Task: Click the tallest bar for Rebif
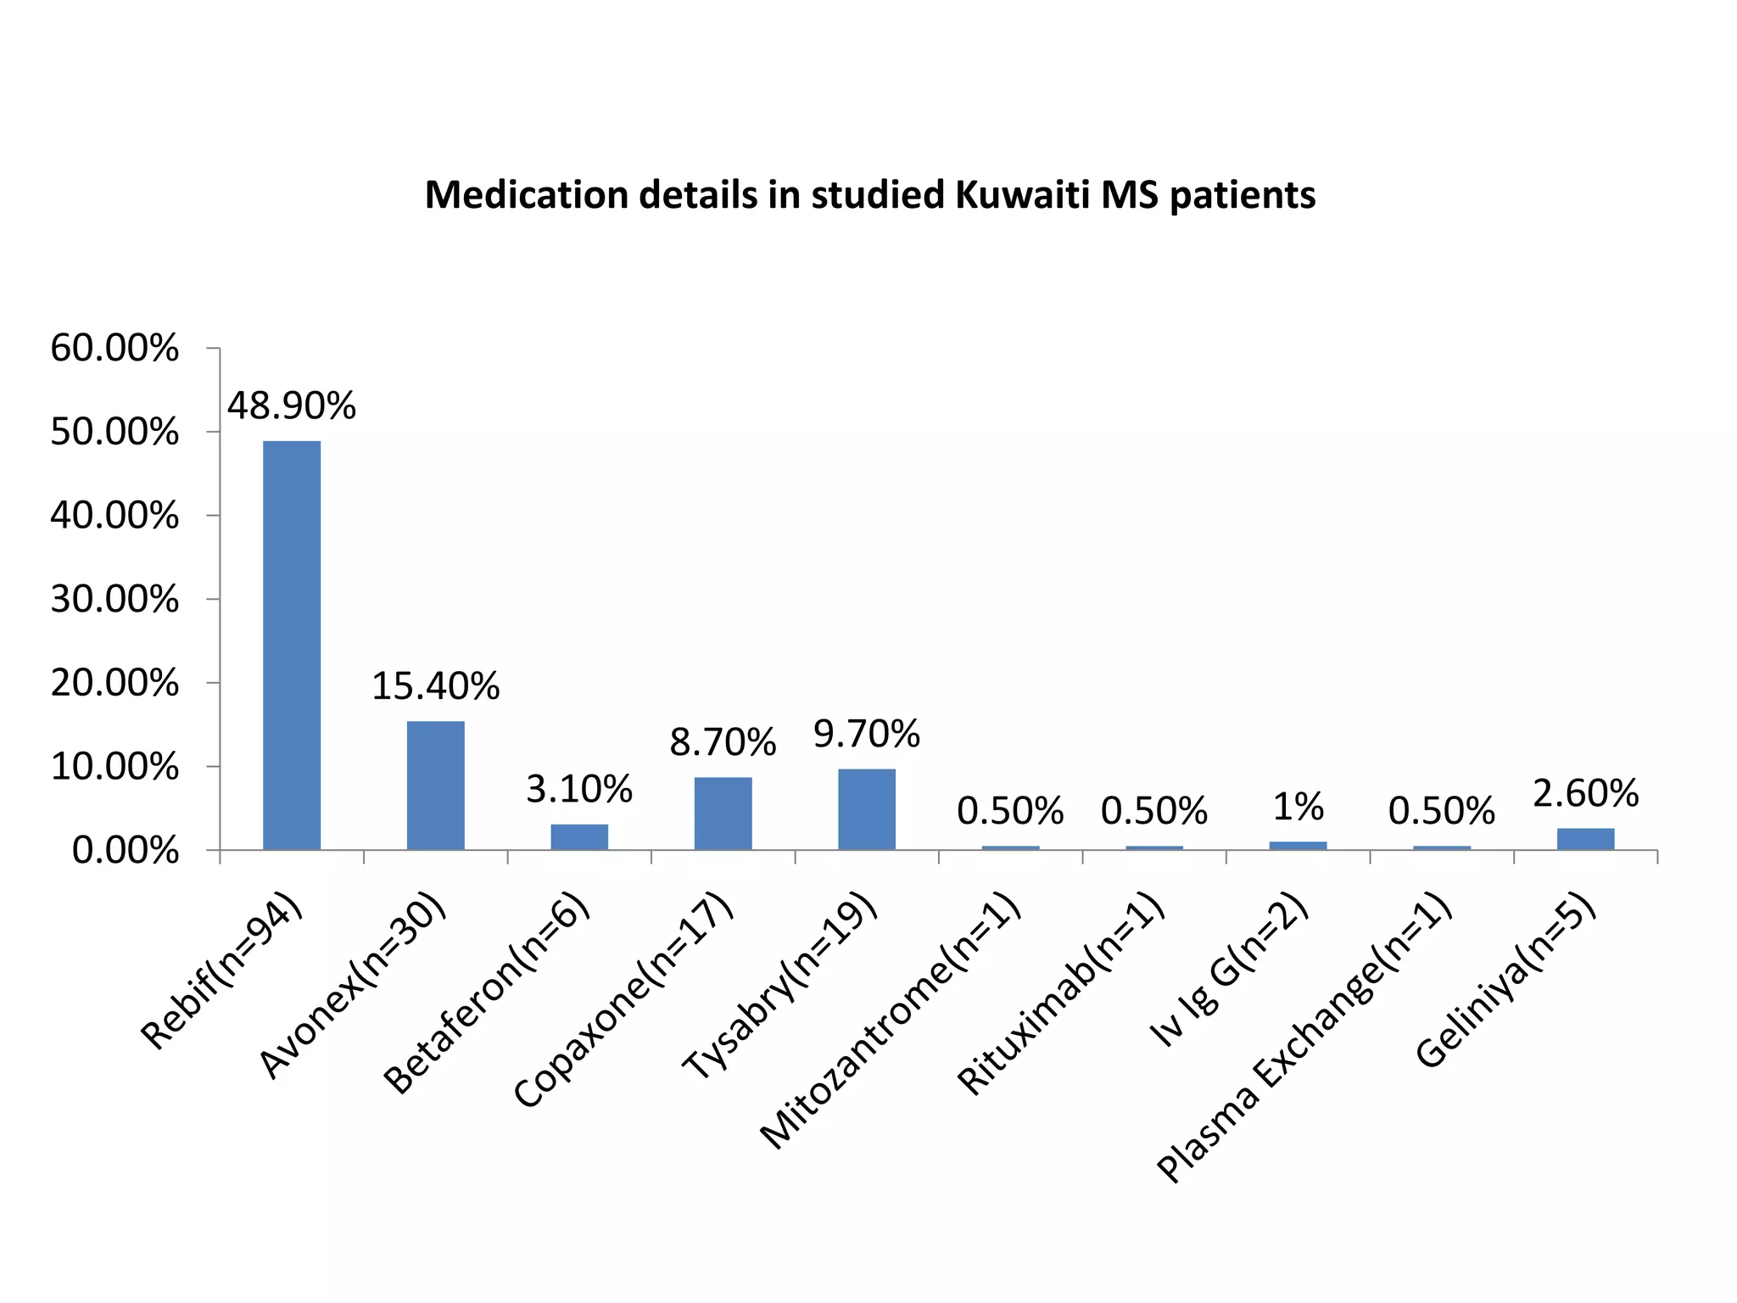[x=292, y=645]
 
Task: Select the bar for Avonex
[x=435, y=785]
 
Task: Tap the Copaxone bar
[x=723, y=813]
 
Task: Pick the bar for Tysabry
[x=866, y=808]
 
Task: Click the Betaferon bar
[x=579, y=836]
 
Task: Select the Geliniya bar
[x=1585, y=838]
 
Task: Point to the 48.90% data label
[x=292, y=406]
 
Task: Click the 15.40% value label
[x=435, y=685]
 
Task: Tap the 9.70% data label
[x=866, y=734]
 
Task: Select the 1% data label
[x=1298, y=807]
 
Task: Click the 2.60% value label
[x=1585, y=794]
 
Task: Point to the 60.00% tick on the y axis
[x=114, y=349]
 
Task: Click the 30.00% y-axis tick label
[x=114, y=600]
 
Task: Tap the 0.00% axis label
[x=125, y=851]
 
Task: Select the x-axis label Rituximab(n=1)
[x=1060, y=994]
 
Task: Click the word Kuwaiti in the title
[x=1022, y=195]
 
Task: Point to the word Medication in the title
[x=526, y=195]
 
